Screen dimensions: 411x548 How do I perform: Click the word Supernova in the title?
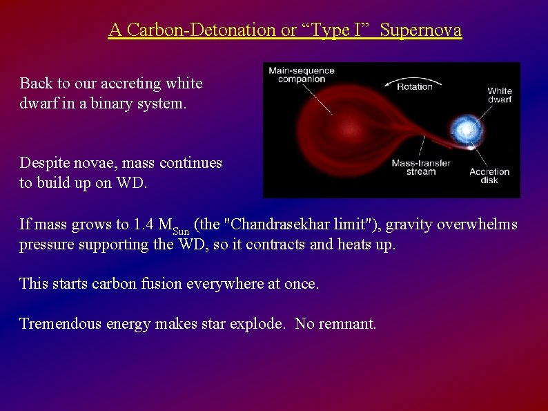pos(421,30)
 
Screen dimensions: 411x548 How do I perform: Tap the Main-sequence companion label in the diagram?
pos(301,75)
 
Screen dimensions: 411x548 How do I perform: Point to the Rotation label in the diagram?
pos(414,86)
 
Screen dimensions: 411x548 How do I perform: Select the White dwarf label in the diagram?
pos(499,95)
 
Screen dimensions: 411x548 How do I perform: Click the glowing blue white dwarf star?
pos(464,129)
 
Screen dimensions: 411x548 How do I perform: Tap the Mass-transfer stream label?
pos(420,167)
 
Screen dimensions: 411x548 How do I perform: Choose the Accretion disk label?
pos(489,175)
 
